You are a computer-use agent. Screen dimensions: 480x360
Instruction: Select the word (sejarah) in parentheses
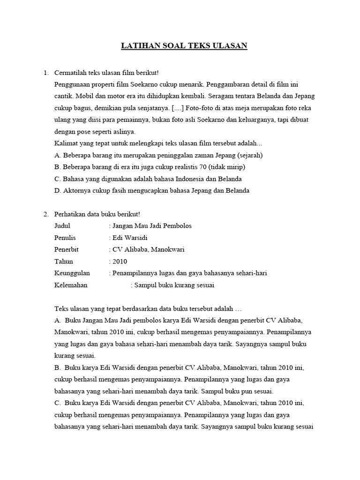(x=250, y=155)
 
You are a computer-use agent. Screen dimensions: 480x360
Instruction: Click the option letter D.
(x=58, y=191)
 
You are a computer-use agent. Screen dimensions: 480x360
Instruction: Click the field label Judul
(x=62, y=226)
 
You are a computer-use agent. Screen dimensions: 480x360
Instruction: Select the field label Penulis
(x=65, y=238)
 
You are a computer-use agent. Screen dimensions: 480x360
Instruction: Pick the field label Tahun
(x=64, y=262)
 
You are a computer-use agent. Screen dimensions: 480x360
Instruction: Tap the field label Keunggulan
(x=72, y=273)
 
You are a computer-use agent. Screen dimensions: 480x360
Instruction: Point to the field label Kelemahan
(x=71, y=285)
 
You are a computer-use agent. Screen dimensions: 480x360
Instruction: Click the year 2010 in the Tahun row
(x=120, y=262)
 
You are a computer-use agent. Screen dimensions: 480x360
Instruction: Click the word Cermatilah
(x=70, y=73)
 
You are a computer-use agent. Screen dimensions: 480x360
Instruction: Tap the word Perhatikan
(x=70, y=214)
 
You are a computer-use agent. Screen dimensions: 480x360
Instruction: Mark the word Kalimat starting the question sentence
(x=67, y=143)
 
